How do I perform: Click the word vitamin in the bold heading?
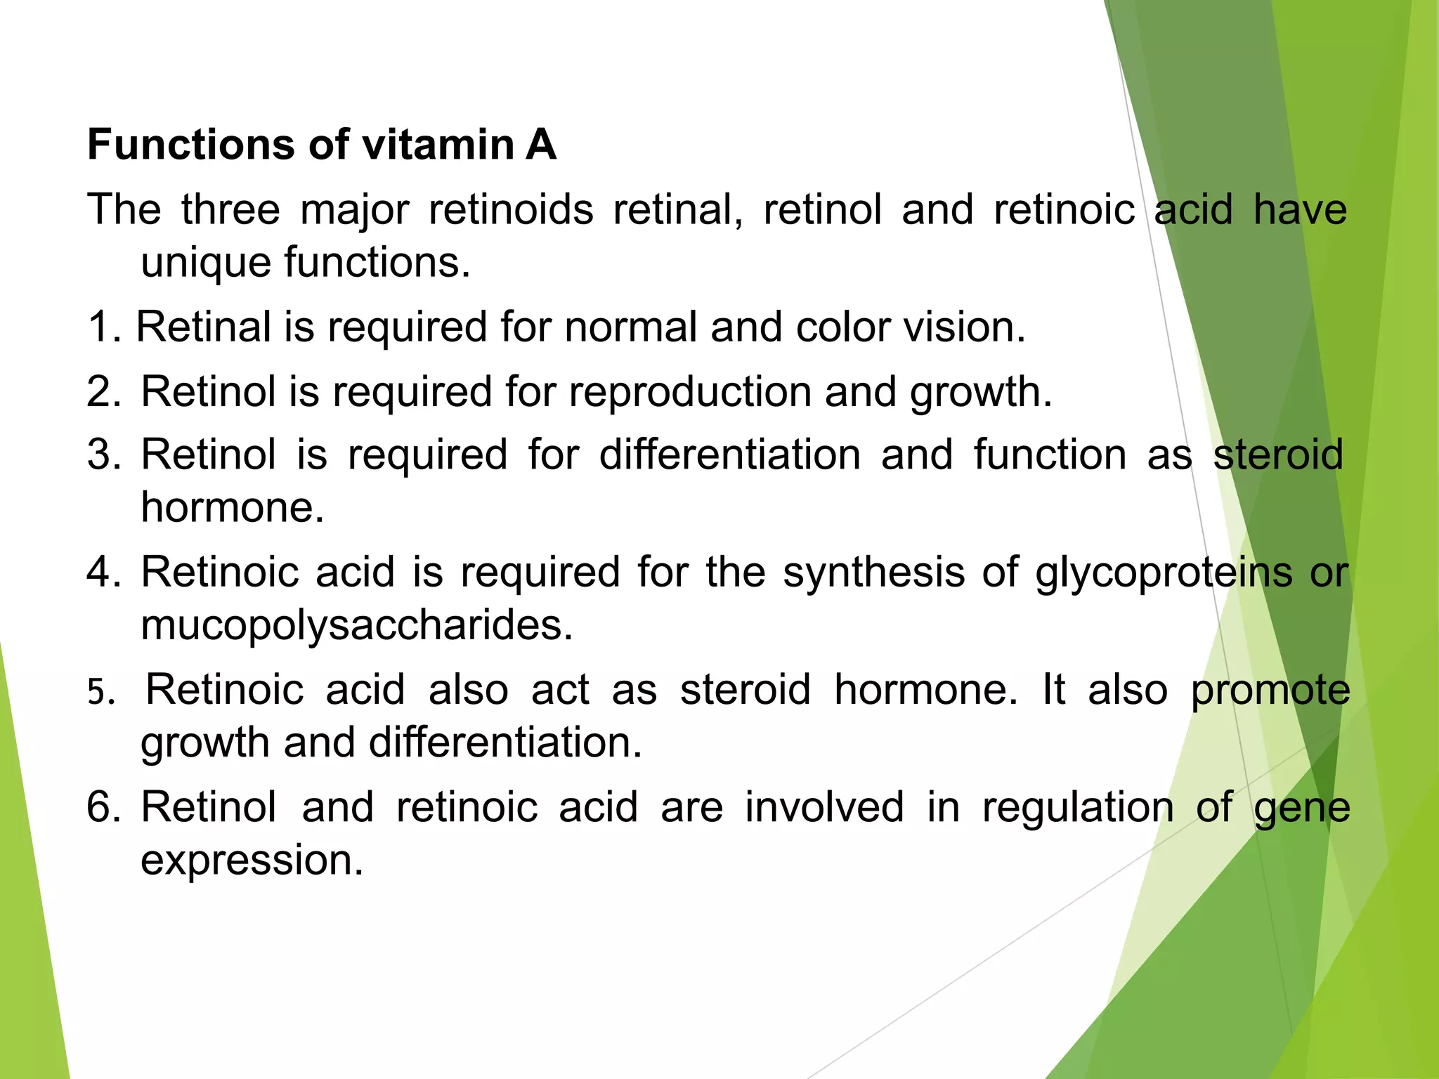point(438,145)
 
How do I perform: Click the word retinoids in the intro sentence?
point(511,209)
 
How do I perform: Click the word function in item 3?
point(1050,455)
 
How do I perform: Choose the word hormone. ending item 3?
point(233,507)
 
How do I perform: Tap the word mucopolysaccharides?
point(357,624)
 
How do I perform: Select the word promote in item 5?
point(1270,690)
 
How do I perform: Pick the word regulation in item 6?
point(1078,808)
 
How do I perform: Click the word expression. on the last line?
point(252,860)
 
